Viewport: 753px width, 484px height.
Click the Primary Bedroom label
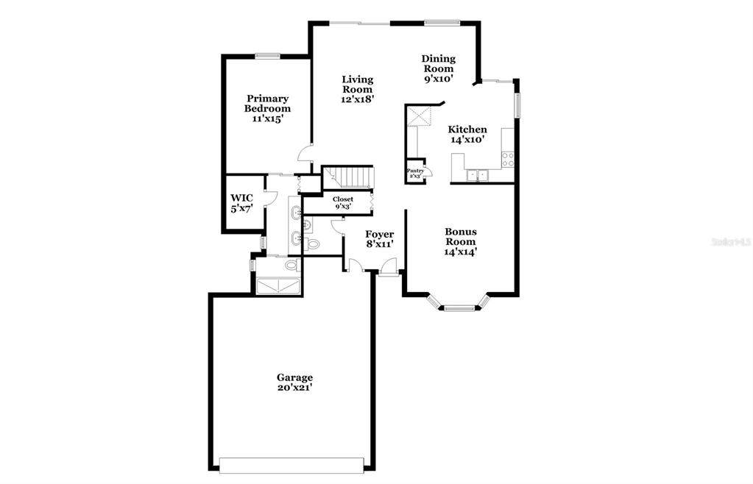[267, 108]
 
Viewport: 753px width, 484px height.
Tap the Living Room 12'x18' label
[357, 89]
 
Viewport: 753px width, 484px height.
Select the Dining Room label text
[439, 68]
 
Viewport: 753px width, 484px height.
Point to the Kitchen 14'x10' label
[467, 135]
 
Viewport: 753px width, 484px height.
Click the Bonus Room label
[461, 242]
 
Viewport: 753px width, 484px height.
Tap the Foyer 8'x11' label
[379, 239]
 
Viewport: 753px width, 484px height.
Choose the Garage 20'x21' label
[295, 382]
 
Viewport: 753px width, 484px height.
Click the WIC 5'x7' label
[241, 203]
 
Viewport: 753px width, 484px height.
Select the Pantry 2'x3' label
[415, 173]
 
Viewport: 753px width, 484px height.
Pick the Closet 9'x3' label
[343, 202]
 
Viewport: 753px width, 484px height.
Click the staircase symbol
[347, 177]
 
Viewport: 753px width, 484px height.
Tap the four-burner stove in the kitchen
[508, 160]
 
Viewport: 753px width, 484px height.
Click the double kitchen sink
[477, 176]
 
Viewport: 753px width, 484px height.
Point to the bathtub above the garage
[277, 286]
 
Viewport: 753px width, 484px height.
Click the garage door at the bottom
[291, 466]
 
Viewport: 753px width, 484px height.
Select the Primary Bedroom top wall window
[267, 56]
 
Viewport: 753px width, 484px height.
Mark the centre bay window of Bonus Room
[460, 308]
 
